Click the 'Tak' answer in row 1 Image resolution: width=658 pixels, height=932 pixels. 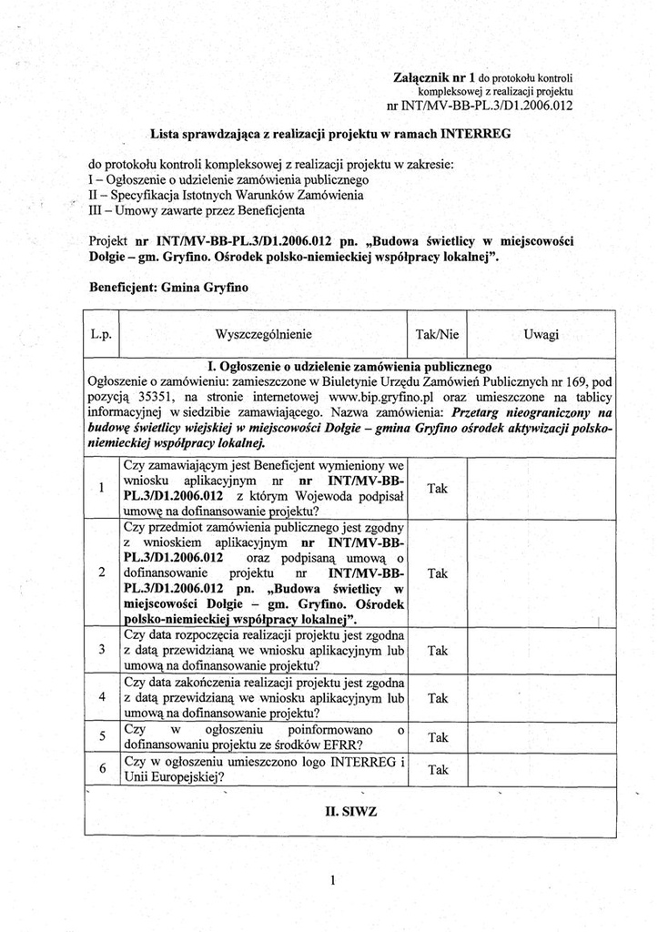point(438,489)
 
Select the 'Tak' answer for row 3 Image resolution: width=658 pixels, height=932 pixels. point(438,651)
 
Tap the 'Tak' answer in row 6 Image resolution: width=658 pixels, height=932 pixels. point(438,770)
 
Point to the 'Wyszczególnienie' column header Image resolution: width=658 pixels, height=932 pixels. point(263,335)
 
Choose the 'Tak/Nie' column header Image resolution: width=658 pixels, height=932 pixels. point(437,335)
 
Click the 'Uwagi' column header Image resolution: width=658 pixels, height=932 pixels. point(542,335)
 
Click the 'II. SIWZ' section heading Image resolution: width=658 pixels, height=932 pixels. point(333,810)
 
